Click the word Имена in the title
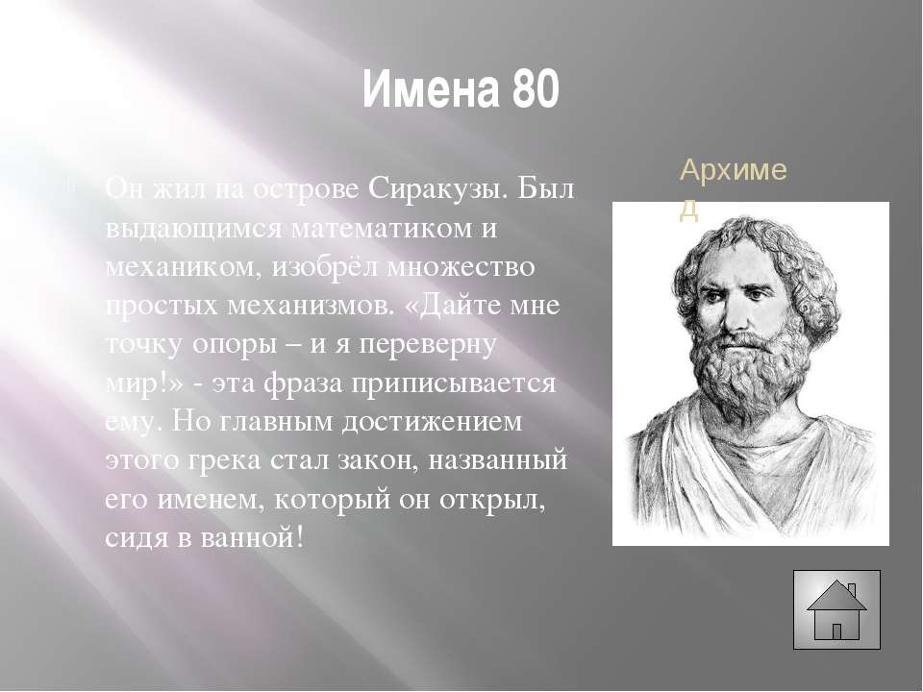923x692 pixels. point(432,89)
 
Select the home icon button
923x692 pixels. point(836,609)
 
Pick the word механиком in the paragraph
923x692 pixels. point(184,266)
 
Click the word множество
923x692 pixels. point(461,266)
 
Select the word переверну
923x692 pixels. point(427,345)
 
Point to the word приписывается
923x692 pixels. point(454,383)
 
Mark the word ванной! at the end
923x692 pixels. point(253,537)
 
